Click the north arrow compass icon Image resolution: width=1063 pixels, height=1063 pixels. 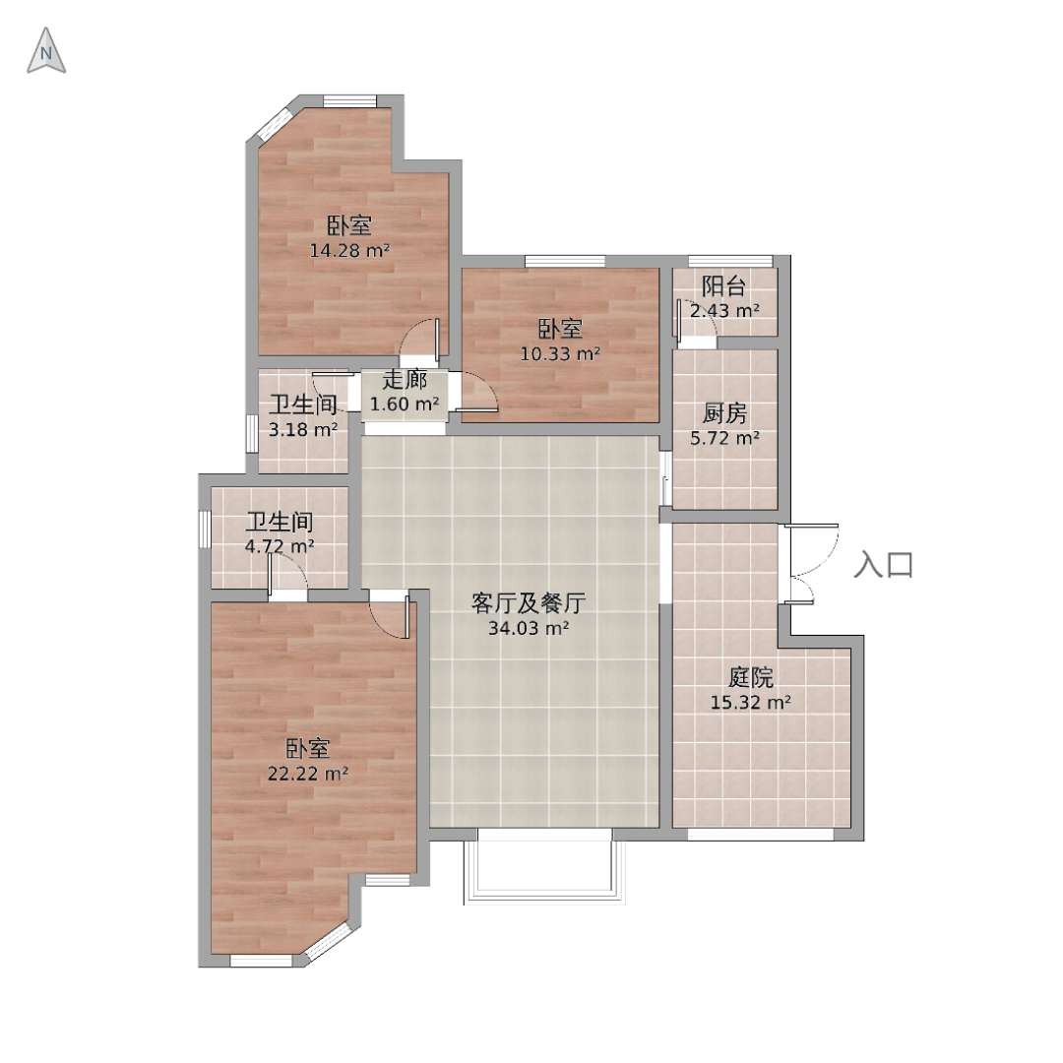46,51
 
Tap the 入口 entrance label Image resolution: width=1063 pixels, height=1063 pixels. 883,565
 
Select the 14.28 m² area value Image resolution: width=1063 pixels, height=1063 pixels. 349,251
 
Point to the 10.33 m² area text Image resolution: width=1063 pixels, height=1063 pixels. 560,354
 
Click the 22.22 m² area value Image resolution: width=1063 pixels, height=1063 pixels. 308,774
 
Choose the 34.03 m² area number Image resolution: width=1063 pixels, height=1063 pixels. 529,628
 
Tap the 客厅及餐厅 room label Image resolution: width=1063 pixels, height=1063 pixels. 529,602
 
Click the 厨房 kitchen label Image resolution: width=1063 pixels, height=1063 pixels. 724,412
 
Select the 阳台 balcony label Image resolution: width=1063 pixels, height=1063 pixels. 724,286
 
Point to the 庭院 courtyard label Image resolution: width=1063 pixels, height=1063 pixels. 751,676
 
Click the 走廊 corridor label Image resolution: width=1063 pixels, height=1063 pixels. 405,379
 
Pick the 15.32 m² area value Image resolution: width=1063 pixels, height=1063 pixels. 751,703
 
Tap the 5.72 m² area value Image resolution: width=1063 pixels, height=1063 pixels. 724,439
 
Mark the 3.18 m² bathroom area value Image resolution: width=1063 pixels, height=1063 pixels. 303,430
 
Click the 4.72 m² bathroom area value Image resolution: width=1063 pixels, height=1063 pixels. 280,545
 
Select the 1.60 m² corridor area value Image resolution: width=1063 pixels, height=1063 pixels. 405,405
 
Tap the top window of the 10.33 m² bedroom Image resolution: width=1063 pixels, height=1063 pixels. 565,261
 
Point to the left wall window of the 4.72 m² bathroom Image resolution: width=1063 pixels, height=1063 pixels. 204,529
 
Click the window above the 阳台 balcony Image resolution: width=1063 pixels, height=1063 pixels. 730,261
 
